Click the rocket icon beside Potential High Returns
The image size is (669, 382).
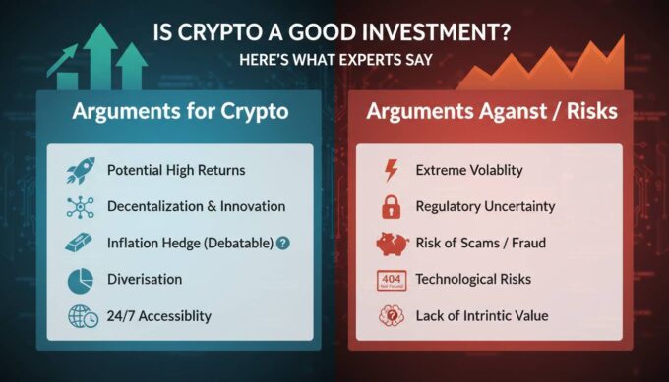pyautogui.click(x=78, y=171)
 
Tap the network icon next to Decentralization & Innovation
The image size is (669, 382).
pyautogui.click(x=78, y=206)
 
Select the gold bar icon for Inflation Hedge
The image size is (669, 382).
pyautogui.click(x=78, y=243)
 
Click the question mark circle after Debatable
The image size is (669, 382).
pyautogui.click(x=283, y=243)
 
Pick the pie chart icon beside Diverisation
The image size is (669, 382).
pyautogui.click(x=78, y=280)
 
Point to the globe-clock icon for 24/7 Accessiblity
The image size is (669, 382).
pyautogui.click(x=78, y=316)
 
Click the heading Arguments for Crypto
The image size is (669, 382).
pyautogui.click(x=180, y=111)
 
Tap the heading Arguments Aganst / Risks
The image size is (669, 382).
pyautogui.click(x=492, y=111)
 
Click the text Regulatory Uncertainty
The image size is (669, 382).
pyautogui.click(x=486, y=206)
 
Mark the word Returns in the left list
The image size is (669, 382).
pyautogui.click(x=220, y=171)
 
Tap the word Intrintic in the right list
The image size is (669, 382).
pyautogui.click(x=508, y=316)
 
